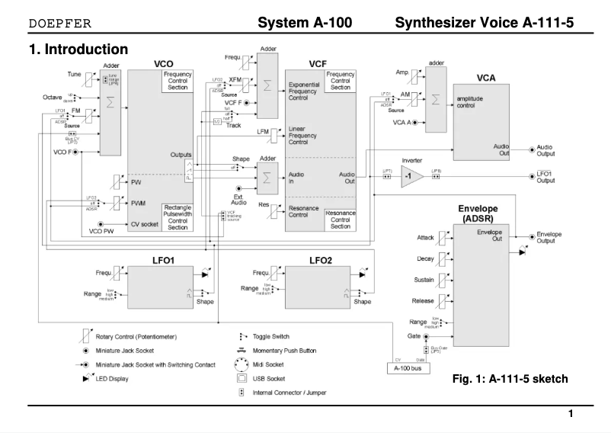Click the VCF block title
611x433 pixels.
click(x=318, y=64)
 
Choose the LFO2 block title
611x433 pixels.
click(x=319, y=261)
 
